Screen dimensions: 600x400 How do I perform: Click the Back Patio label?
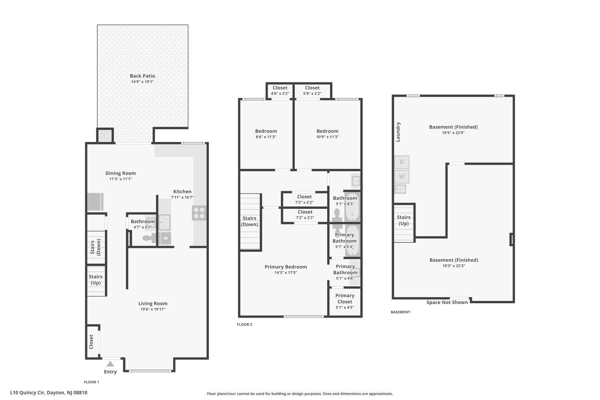click(x=142, y=76)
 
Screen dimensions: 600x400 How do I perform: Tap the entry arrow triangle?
click(x=110, y=364)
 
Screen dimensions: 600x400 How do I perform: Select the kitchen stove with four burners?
click(x=199, y=213)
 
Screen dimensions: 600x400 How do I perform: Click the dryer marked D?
click(x=402, y=162)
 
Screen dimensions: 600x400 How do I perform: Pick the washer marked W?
click(x=402, y=176)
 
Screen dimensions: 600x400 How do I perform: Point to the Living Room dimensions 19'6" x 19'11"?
click(x=153, y=310)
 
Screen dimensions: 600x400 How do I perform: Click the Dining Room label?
click(x=120, y=173)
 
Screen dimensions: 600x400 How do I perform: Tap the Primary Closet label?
click(x=345, y=298)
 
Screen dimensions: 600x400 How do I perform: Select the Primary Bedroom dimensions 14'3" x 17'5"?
click(x=286, y=273)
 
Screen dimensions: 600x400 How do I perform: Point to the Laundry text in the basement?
click(x=398, y=132)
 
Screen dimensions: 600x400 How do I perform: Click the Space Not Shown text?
click(x=447, y=302)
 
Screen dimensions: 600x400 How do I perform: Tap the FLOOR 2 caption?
click(x=244, y=324)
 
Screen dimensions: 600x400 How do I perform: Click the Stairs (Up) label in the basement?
click(x=403, y=220)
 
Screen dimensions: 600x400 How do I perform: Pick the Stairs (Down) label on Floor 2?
click(x=249, y=221)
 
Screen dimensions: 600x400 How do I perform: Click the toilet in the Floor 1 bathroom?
click(x=149, y=238)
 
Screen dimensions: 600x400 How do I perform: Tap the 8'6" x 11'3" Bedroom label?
click(x=266, y=134)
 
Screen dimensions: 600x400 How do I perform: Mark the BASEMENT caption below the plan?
click(x=400, y=312)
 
